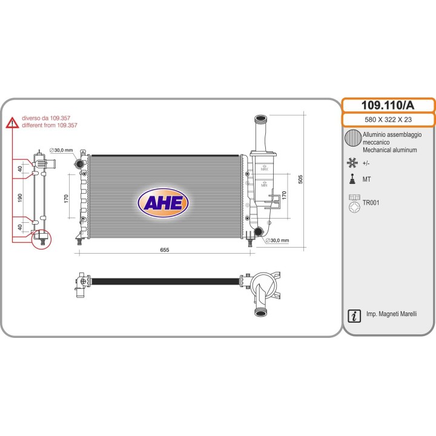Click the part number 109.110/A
[388, 105]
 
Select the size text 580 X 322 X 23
[388, 119]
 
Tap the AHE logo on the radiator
[163, 203]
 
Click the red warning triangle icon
[13, 123]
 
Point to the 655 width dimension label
[165, 249]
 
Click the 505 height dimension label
[300, 179]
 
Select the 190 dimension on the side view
[20, 197]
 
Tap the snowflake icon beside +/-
[352, 163]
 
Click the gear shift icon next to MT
[352, 179]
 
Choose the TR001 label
[371, 202]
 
